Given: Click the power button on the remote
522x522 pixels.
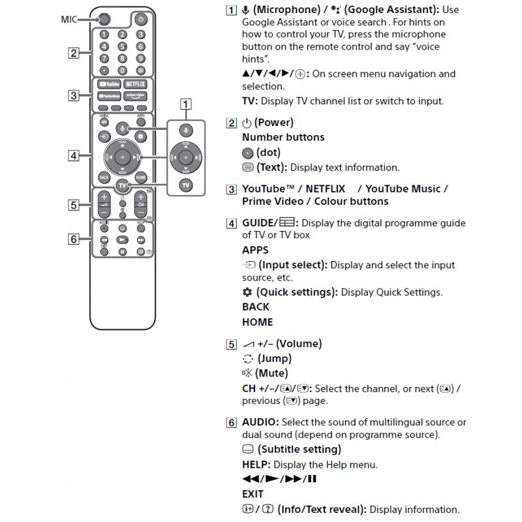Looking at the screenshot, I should click(140, 20).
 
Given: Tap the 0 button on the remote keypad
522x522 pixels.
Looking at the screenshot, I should click(122, 70).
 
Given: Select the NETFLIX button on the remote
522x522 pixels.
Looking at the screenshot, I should click(135, 84).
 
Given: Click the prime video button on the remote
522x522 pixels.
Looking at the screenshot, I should click(135, 96).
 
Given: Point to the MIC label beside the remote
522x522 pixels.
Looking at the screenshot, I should click(68, 20).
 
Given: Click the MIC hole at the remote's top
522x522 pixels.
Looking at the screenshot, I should click(104, 20).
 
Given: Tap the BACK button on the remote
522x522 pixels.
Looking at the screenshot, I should click(104, 177).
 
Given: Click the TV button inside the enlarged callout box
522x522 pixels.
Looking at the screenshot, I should click(186, 185).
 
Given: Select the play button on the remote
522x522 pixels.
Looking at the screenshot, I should click(122, 239).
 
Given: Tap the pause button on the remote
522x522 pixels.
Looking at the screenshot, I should click(122, 251).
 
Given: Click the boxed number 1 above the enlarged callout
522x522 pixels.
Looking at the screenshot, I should click(187, 103).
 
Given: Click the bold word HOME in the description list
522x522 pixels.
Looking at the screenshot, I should click(257, 322).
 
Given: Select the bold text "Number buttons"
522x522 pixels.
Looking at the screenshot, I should click(283, 137).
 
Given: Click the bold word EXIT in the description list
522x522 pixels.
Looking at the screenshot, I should click(253, 494).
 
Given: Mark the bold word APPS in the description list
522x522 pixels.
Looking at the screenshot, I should click(254, 250).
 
